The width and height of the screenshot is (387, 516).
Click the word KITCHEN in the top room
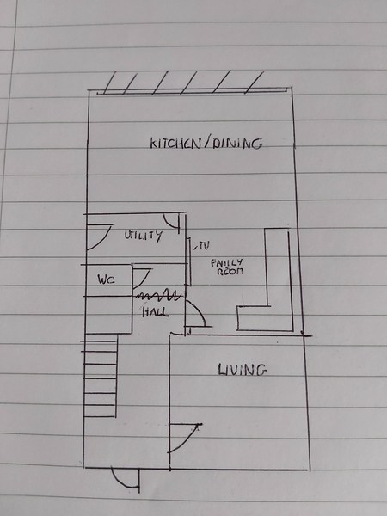pyautogui.click(x=175, y=144)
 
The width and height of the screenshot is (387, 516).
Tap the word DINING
pyautogui.click(x=237, y=144)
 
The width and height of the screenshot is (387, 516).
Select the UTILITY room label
pyautogui.click(x=143, y=235)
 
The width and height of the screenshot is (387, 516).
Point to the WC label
pyautogui.click(x=106, y=279)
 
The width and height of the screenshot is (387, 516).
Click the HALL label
pyautogui.click(x=156, y=312)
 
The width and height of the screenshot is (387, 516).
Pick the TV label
pyautogui.click(x=204, y=246)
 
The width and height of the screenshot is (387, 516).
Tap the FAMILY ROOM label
pyautogui.click(x=227, y=267)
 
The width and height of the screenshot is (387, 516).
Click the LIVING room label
pyautogui.click(x=242, y=370)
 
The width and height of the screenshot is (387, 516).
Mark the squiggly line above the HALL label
pyautogui.click(x=159, y=296)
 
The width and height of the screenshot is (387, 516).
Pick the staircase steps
pyautogui.click(x=101, y=376)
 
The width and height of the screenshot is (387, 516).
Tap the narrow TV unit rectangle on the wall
pyautogui.click(x=189, y=261)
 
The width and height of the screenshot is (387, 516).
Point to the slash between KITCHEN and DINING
pyautogui.click(x=206, y=144)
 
